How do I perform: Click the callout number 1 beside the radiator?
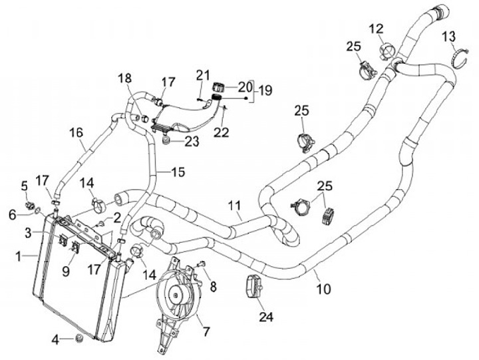pyautogui.click(x=21, y=255)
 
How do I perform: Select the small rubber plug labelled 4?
pyautogui.click(x=79, y=339)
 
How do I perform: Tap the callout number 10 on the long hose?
pyautogui.click(x=323, y=289)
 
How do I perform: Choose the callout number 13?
pyautogui.click(x=449, y=35)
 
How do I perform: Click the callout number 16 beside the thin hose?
pyautogui.click(x=77, y=132)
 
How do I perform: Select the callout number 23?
pyautogui.click(x=192, y=141)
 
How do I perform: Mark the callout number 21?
pyautogui.click(x=202, y=74)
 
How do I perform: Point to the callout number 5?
pyautogui.click(x=25, y=185)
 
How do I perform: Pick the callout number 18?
pyautogui.click(x=126, y=79)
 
